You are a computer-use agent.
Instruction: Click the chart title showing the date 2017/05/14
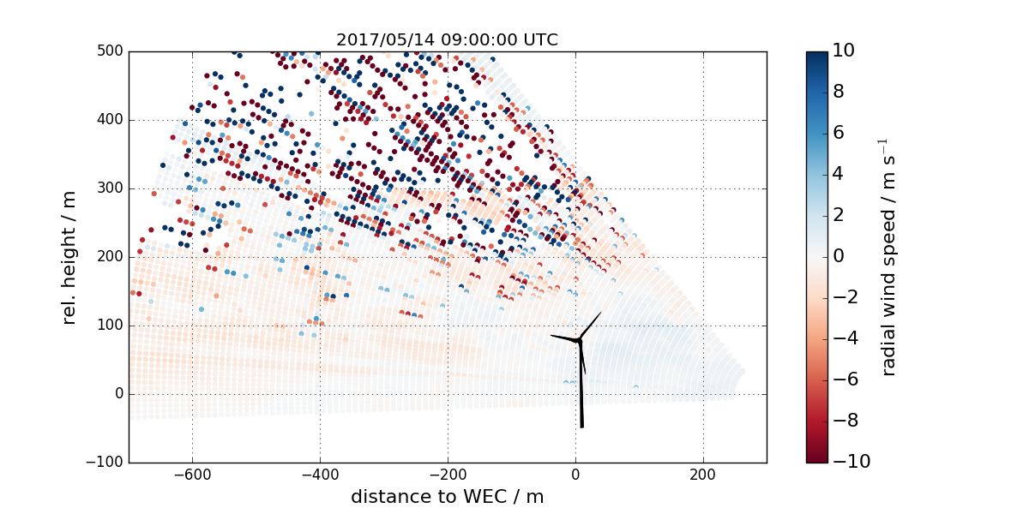[x=447, y=39]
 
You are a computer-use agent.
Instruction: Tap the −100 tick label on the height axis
[x=106, y=463]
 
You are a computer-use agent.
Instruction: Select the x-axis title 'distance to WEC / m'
[x=448, y=496]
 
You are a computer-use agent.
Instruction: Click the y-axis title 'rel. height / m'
[x=70, y=257]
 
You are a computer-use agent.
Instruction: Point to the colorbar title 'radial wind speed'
[x=889, y=257]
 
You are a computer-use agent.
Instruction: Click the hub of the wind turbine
[x=580, y=341]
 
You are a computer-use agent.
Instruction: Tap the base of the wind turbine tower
[x=581, y=426]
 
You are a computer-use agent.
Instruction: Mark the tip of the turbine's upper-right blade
[x=600, y=314]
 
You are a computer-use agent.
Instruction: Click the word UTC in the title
[x=540, y=39]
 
